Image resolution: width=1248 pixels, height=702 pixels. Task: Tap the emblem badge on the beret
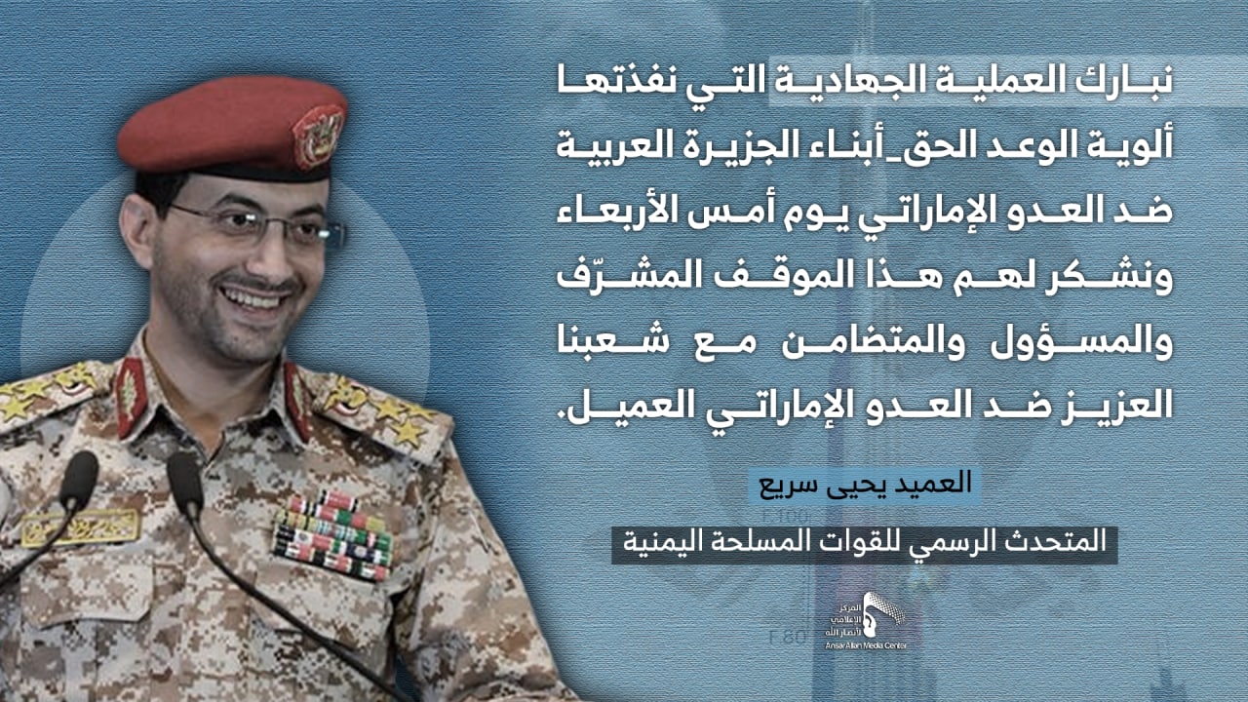tap(318, 136)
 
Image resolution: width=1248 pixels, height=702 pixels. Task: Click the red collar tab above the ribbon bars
tap(298, 400)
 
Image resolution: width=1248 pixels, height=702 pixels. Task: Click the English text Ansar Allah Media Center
tap(866, 645)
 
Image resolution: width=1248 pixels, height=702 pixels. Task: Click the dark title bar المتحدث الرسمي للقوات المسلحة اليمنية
tap(864, 544)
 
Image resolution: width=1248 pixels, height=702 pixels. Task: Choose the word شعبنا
tap(605, 342)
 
